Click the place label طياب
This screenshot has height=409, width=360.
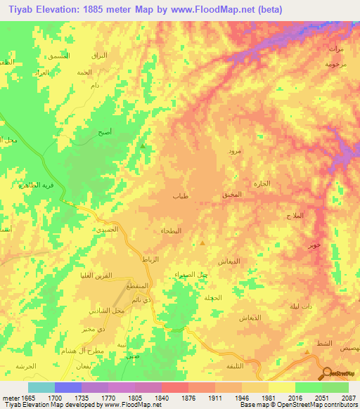pos(180,197)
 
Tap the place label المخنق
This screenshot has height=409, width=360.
pos(231,194)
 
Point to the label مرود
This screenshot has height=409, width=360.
pos(233,151)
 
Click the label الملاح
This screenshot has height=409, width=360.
pos(295,215)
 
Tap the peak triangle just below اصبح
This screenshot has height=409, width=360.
pos(143,146)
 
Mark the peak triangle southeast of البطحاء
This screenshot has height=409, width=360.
pos(202,244)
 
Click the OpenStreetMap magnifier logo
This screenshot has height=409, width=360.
pos(327,372)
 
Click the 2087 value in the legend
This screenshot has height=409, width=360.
pos(349,398)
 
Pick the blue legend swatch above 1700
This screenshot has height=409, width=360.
pos(68,387)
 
